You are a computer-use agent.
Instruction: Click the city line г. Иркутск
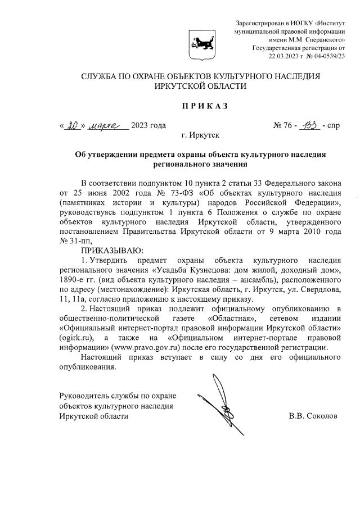tap(201, 135)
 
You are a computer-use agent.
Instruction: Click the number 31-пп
tap(73, 240)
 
